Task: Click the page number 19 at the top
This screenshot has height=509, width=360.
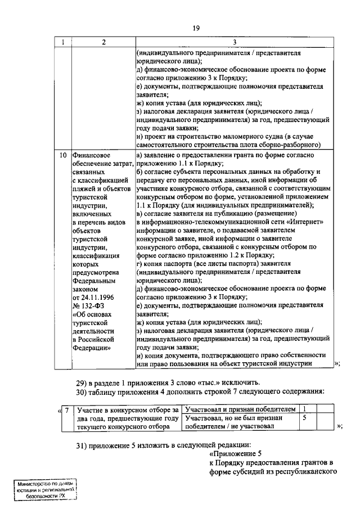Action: (195, 27)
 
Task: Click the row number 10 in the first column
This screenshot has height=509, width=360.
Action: (64, 154)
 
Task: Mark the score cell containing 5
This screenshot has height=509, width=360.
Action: (304, 418)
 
